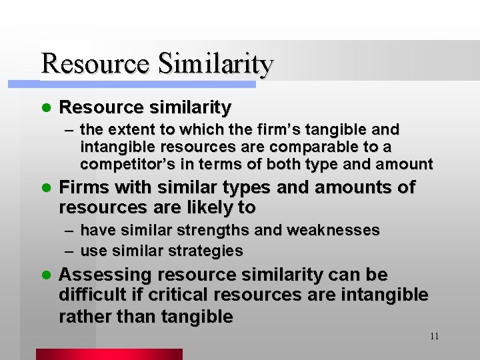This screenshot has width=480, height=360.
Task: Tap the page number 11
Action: [x=434, y=336]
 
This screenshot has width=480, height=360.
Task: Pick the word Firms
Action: [x=83, y=188]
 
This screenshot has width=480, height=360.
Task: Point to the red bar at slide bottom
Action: [x=109, y=354]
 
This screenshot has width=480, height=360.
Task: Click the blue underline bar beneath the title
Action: [x=147, y=85]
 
